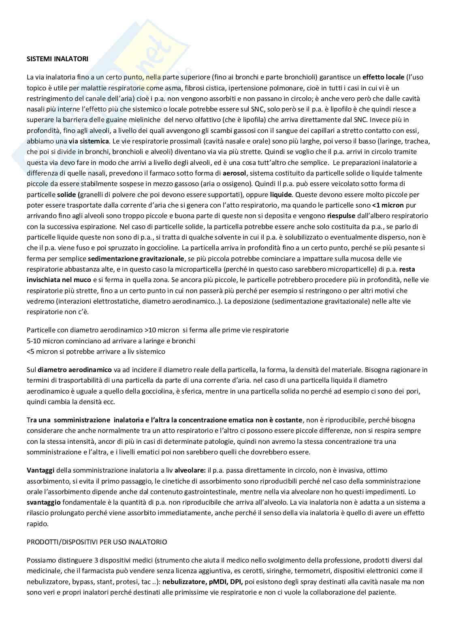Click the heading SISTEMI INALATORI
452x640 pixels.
[57, 59]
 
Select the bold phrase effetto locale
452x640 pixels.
[383, 77]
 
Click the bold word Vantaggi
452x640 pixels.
[41, 471]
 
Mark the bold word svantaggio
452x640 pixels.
[44, 503]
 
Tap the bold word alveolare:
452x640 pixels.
[190, 471]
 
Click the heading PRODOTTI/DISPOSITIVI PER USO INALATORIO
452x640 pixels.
[97, 542]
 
